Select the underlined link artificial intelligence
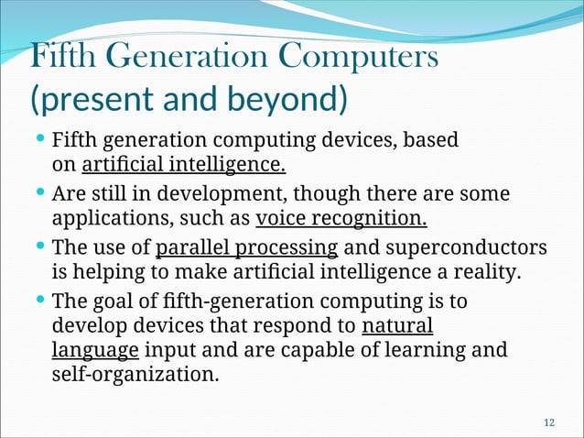183,166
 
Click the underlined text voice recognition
341,219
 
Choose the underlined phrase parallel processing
247,247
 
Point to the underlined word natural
397,326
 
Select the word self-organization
135,374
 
